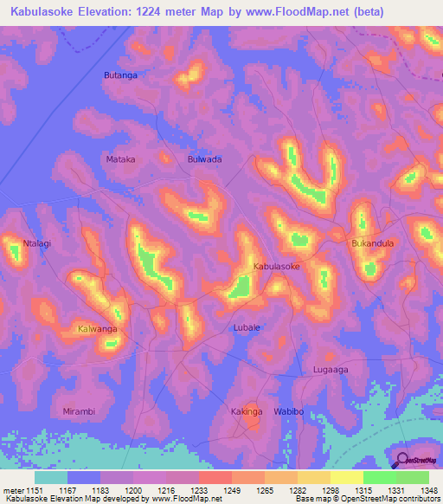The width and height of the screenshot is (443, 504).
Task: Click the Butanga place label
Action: tap(120, 75)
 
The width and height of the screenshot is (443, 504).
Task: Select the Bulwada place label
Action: tap(205, 159)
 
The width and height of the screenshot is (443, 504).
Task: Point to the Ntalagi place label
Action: tap(37, 243)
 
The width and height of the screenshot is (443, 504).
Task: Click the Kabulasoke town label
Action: tap(276, 268)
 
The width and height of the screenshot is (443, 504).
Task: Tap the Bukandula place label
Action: tap(372, 243)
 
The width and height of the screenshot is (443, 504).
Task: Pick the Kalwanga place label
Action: tap(97, 330)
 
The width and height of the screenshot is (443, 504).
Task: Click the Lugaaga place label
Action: tap(330, 370)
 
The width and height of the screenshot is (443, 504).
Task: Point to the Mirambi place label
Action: tap(81, 410)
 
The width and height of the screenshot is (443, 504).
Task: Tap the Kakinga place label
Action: tap(247, 411)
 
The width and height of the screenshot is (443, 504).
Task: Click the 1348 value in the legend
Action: tap(428, 490)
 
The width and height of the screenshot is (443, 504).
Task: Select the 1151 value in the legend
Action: tap(35, 490)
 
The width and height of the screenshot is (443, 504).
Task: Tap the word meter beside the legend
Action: tap(12, 490)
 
